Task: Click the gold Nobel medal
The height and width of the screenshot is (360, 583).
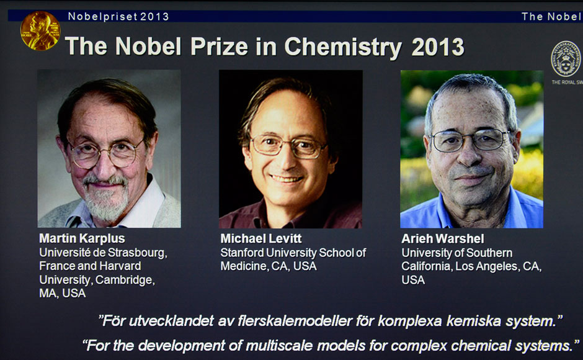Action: [x=40, y=30]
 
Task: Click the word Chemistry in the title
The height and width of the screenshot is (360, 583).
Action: [x=343, y=47]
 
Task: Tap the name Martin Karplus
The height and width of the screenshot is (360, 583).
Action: [x=82, y=238]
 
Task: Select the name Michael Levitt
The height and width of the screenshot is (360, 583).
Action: [x=261, y=238]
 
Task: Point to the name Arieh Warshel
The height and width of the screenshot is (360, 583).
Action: [x=443, y=238]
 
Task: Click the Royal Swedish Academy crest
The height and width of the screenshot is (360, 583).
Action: [x=566, y=59]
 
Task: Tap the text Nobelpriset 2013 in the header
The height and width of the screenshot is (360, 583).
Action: [x=118, y=17]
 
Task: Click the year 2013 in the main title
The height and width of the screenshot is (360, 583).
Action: [x=438, y=47]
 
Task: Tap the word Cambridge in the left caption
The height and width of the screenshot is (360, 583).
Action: [x=125, y=279]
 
